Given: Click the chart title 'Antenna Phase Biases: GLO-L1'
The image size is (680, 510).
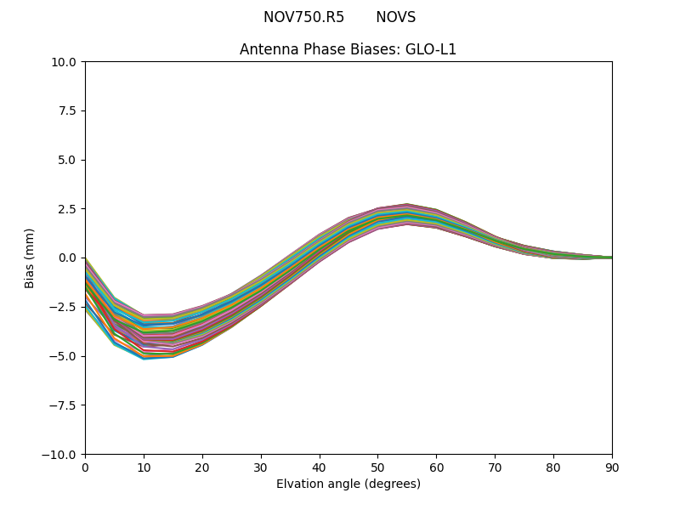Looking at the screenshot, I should (348, 49).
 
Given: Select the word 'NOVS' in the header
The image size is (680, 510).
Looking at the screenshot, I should (395, 17).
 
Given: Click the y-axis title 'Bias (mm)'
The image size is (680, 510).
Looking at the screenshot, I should (30, 258).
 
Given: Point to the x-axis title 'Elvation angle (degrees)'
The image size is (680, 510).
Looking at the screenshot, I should (348, 484).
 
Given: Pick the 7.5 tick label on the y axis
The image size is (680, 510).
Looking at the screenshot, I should (68, 110).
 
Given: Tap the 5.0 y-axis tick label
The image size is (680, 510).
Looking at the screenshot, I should (68, 160).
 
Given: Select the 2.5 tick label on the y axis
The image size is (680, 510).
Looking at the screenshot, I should (68, 209).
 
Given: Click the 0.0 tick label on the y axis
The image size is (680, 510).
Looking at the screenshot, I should (68, 258).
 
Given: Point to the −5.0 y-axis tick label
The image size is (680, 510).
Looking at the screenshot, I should (65, 356).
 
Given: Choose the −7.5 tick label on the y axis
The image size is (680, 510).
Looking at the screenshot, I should (65, 405).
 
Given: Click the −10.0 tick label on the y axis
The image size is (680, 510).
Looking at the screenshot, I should (61, 454).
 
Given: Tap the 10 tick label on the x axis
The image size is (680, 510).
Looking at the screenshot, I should (144, 467).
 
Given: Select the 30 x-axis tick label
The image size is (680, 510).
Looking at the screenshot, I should (261, 467).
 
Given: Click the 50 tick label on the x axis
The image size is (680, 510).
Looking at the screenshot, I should (377, 467).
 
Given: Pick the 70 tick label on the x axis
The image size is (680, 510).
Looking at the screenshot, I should (495, 467).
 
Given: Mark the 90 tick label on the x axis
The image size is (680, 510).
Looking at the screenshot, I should (611, 467).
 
